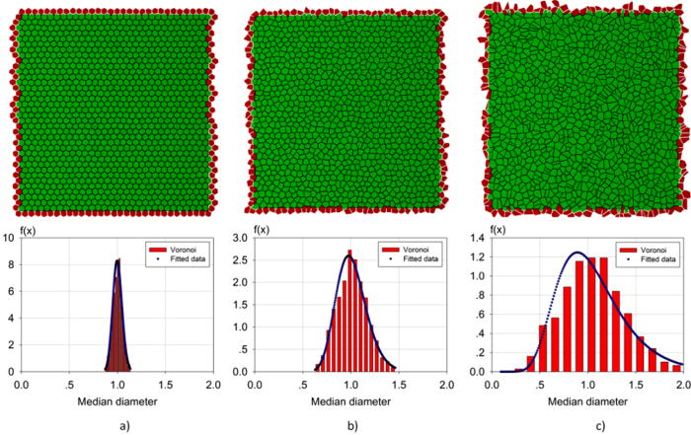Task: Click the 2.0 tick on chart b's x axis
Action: pos(446,385)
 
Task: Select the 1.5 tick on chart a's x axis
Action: pos(165,385)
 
